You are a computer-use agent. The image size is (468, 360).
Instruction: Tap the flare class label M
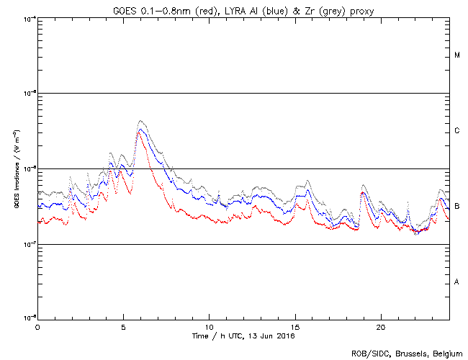point(457,55)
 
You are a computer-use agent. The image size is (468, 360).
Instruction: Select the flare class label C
point(457,131)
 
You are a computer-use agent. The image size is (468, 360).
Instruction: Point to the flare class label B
point(457,207)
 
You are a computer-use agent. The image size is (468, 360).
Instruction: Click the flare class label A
point(457,282)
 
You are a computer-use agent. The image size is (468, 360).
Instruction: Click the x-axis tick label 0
point(37,327)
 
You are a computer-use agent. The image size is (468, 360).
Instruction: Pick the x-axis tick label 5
point(123,327)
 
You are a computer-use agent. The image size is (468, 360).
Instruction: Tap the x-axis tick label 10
point(209,327)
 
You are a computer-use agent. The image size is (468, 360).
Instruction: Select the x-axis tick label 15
point(295,327)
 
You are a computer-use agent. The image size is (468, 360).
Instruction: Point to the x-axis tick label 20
point(381,327)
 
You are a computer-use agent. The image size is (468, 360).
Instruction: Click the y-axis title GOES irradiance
point(15,168)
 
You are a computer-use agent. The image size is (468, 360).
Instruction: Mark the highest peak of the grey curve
point(141,121)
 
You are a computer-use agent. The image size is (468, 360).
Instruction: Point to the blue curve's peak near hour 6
point(141,130)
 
